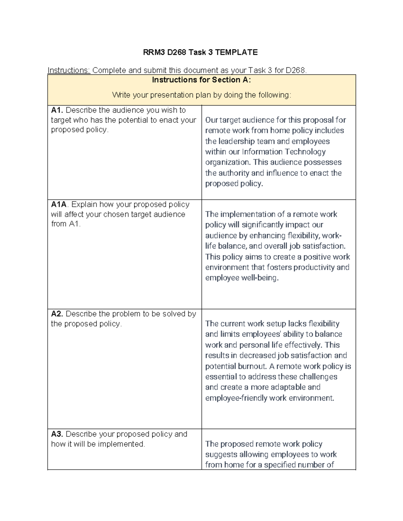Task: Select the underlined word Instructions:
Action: pyautogui.click(x=69, y=70)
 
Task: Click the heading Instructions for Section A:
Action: pyautogui.click(x=201, y=80)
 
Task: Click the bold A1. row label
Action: pyautogui.click(x=57, y=110)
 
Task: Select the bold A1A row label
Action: pyautogui.click(x=59, y=205)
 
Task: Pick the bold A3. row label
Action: pyautogui.click(x=57, y=434)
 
